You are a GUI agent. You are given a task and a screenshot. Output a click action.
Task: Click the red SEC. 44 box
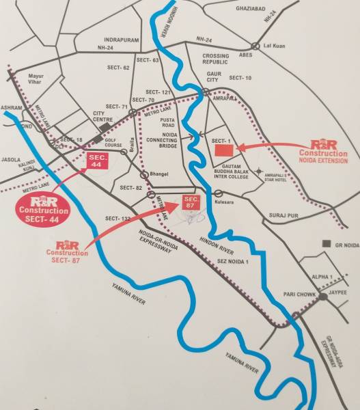pos(95,162)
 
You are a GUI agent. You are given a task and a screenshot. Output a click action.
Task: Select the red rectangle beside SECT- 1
pos(222,150)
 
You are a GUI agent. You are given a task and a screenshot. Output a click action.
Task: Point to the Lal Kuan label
pos(273,46)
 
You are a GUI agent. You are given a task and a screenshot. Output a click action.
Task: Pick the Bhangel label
pos(159,175)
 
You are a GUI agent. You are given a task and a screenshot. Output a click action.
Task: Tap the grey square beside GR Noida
pos(327,244)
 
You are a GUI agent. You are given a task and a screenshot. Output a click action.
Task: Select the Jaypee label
pos(338,292)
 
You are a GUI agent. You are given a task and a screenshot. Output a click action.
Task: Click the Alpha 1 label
pos(320,277)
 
